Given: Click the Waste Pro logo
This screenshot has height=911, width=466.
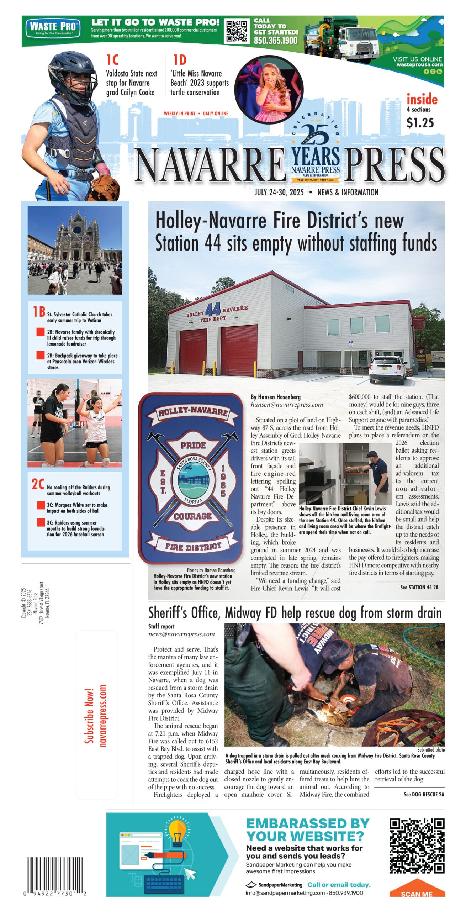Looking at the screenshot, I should [53, 27].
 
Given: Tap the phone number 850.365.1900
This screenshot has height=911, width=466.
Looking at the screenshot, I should [275, 41].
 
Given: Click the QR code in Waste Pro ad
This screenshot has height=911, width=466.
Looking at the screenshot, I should [237, 31].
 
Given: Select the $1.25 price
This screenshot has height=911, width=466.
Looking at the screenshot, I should [420, 123].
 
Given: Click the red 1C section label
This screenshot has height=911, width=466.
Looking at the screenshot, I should [112, 60].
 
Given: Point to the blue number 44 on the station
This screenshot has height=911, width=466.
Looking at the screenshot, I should [213, 309].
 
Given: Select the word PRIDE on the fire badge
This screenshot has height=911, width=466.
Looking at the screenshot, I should [193, 445].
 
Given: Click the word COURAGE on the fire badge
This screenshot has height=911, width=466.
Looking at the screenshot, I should [192, 516].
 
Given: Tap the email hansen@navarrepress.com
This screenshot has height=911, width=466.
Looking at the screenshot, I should [287, 404].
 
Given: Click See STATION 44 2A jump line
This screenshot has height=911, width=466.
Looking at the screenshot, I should [419, 587].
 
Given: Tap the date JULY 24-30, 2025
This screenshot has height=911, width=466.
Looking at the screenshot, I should [279, 192].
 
